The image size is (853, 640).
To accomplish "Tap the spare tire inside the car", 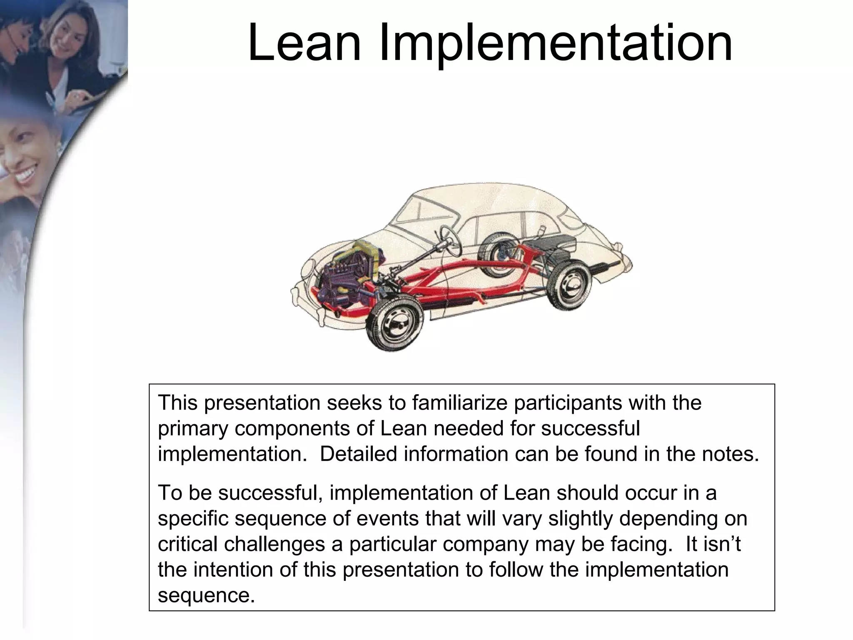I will pyautogui.click(x=498, y=254).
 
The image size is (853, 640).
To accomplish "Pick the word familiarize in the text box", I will pyautogui.click(x=459, y=403).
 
